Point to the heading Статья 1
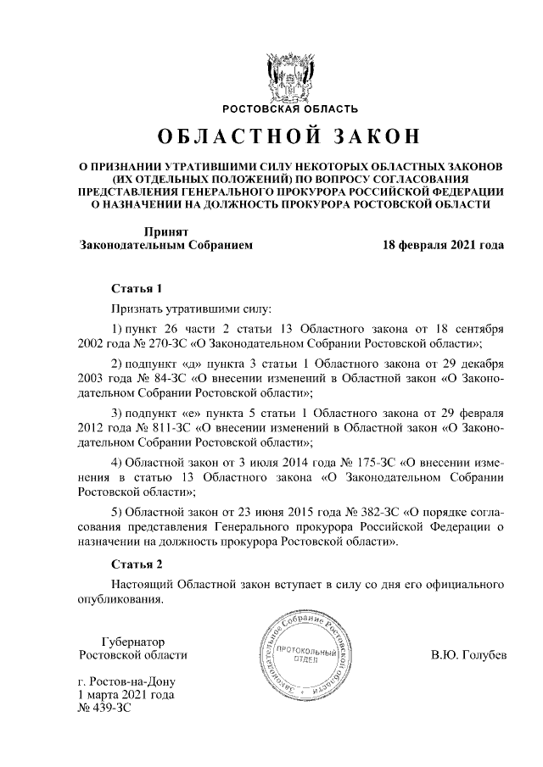[136, 288]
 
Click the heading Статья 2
[136, 564]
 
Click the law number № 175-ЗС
[361, 463]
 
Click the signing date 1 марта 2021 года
[126, 695]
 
